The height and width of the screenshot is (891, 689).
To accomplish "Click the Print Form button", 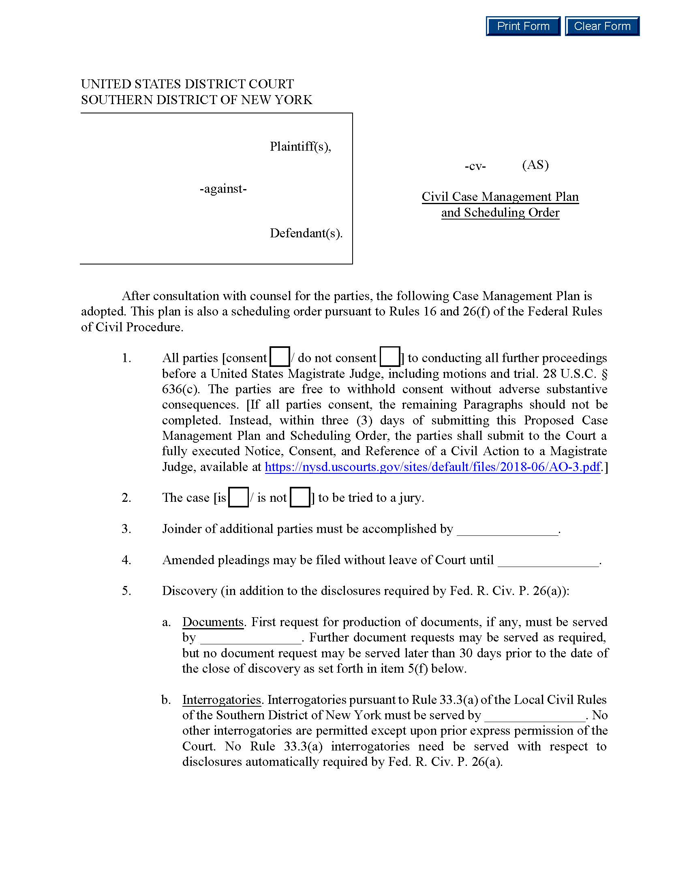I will coord(523,26).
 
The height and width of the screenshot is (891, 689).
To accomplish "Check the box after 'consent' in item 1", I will coord(280,356).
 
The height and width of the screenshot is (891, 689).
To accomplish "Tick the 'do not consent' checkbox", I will coord(389,356).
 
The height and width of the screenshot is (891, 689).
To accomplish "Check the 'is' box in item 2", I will coord(238,497).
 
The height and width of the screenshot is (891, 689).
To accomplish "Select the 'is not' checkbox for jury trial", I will coord(300,497).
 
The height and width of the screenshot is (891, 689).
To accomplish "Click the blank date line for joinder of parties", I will coord(507,531).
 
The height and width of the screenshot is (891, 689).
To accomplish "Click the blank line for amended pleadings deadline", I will coord(548,561).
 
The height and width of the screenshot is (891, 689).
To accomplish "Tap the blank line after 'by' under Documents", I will coord(250,639).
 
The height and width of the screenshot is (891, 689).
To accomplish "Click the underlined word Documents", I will coord(213,622).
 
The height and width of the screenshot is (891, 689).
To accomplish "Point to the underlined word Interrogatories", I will coord(221,700).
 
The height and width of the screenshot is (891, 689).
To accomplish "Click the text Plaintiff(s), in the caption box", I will coord(300,146).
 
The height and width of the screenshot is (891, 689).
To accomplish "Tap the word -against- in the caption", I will coord(223,189).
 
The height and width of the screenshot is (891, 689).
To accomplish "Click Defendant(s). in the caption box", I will coord(306,233).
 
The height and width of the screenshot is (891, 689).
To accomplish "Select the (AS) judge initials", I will coord(535,165).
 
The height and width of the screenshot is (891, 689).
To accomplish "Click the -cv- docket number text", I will coord(475,166).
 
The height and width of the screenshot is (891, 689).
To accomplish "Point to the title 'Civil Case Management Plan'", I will coord(500,197).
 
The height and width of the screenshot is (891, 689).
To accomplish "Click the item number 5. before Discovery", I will coord(126,591).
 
